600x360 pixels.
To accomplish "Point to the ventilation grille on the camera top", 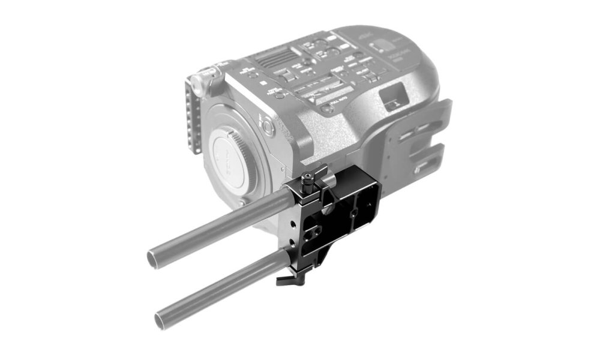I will tap(273, 62).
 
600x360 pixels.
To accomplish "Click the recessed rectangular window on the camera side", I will tap(393, 97).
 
